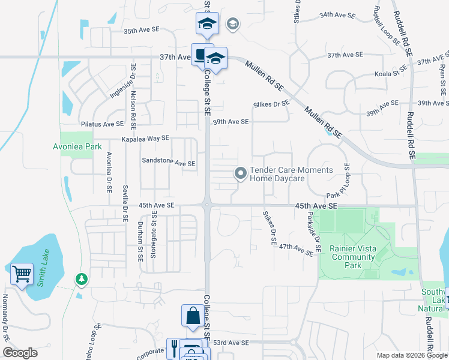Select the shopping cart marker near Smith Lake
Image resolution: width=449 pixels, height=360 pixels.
(22, 274)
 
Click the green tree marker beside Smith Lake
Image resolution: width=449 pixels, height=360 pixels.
(82, 279)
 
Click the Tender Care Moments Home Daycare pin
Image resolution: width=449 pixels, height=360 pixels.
(241, 174)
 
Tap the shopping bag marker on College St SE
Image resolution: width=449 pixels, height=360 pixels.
(192, 316)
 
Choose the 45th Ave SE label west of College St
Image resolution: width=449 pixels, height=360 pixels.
(156, 205)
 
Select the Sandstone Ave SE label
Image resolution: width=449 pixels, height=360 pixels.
(169, 163)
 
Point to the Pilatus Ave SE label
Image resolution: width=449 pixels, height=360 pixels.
(102, 124)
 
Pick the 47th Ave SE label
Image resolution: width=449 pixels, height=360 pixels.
(296, 250)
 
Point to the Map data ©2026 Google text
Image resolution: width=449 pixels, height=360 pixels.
(412, 355)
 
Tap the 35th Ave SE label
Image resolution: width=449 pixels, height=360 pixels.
(142, 29)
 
